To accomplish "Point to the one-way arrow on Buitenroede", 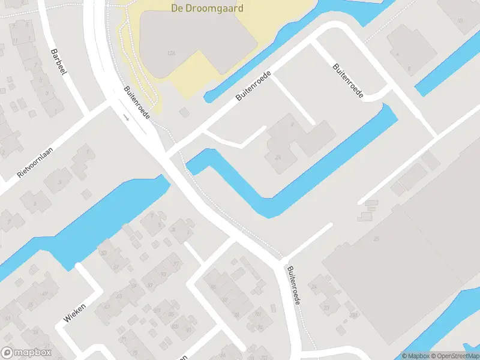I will (127, 116).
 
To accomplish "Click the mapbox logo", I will (26, 353).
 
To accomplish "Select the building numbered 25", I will (377, 239).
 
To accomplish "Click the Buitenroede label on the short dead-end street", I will (347, 82).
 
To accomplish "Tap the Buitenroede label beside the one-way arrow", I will (137, 102).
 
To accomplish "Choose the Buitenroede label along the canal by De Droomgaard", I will (253, 86).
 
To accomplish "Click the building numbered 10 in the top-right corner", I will (460, 21).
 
